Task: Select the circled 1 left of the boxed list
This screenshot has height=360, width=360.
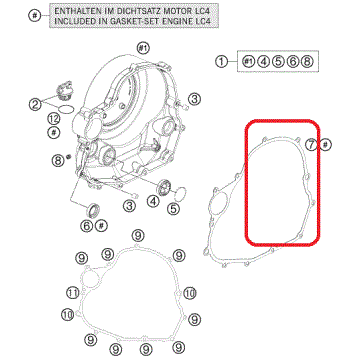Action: click(222, 62)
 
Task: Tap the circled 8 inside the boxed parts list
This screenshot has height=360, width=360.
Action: click(308, 62)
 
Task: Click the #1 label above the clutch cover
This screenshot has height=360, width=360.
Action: click(142, 47)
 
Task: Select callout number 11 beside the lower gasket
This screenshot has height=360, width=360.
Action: click(71, 292)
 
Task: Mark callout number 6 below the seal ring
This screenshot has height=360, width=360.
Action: click(87, 226)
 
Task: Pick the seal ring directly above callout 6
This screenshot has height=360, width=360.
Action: click(96, 208)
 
